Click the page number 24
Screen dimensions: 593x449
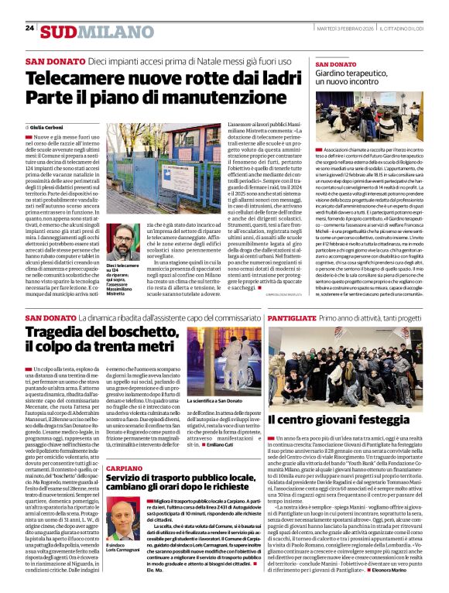tap(29, 28)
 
